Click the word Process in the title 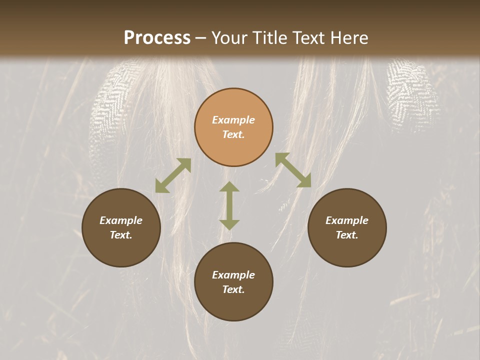pyautogui.click(x=157, y=38)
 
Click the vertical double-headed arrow pyautogui.click(x=229, y=205)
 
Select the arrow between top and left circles pyautogui.click(x=173, y=175)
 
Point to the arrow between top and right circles pyautogui.click(x=293, y=170)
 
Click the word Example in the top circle pyautogui.click(x=233, y=120)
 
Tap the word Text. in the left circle pyautogui.click(x=121, y=235)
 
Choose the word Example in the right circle pyautogui.click(x=347, y=220)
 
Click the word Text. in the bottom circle pyautogui.click(x=233, y=289)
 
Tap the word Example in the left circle pyautogui.click(x=121, y=220)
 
